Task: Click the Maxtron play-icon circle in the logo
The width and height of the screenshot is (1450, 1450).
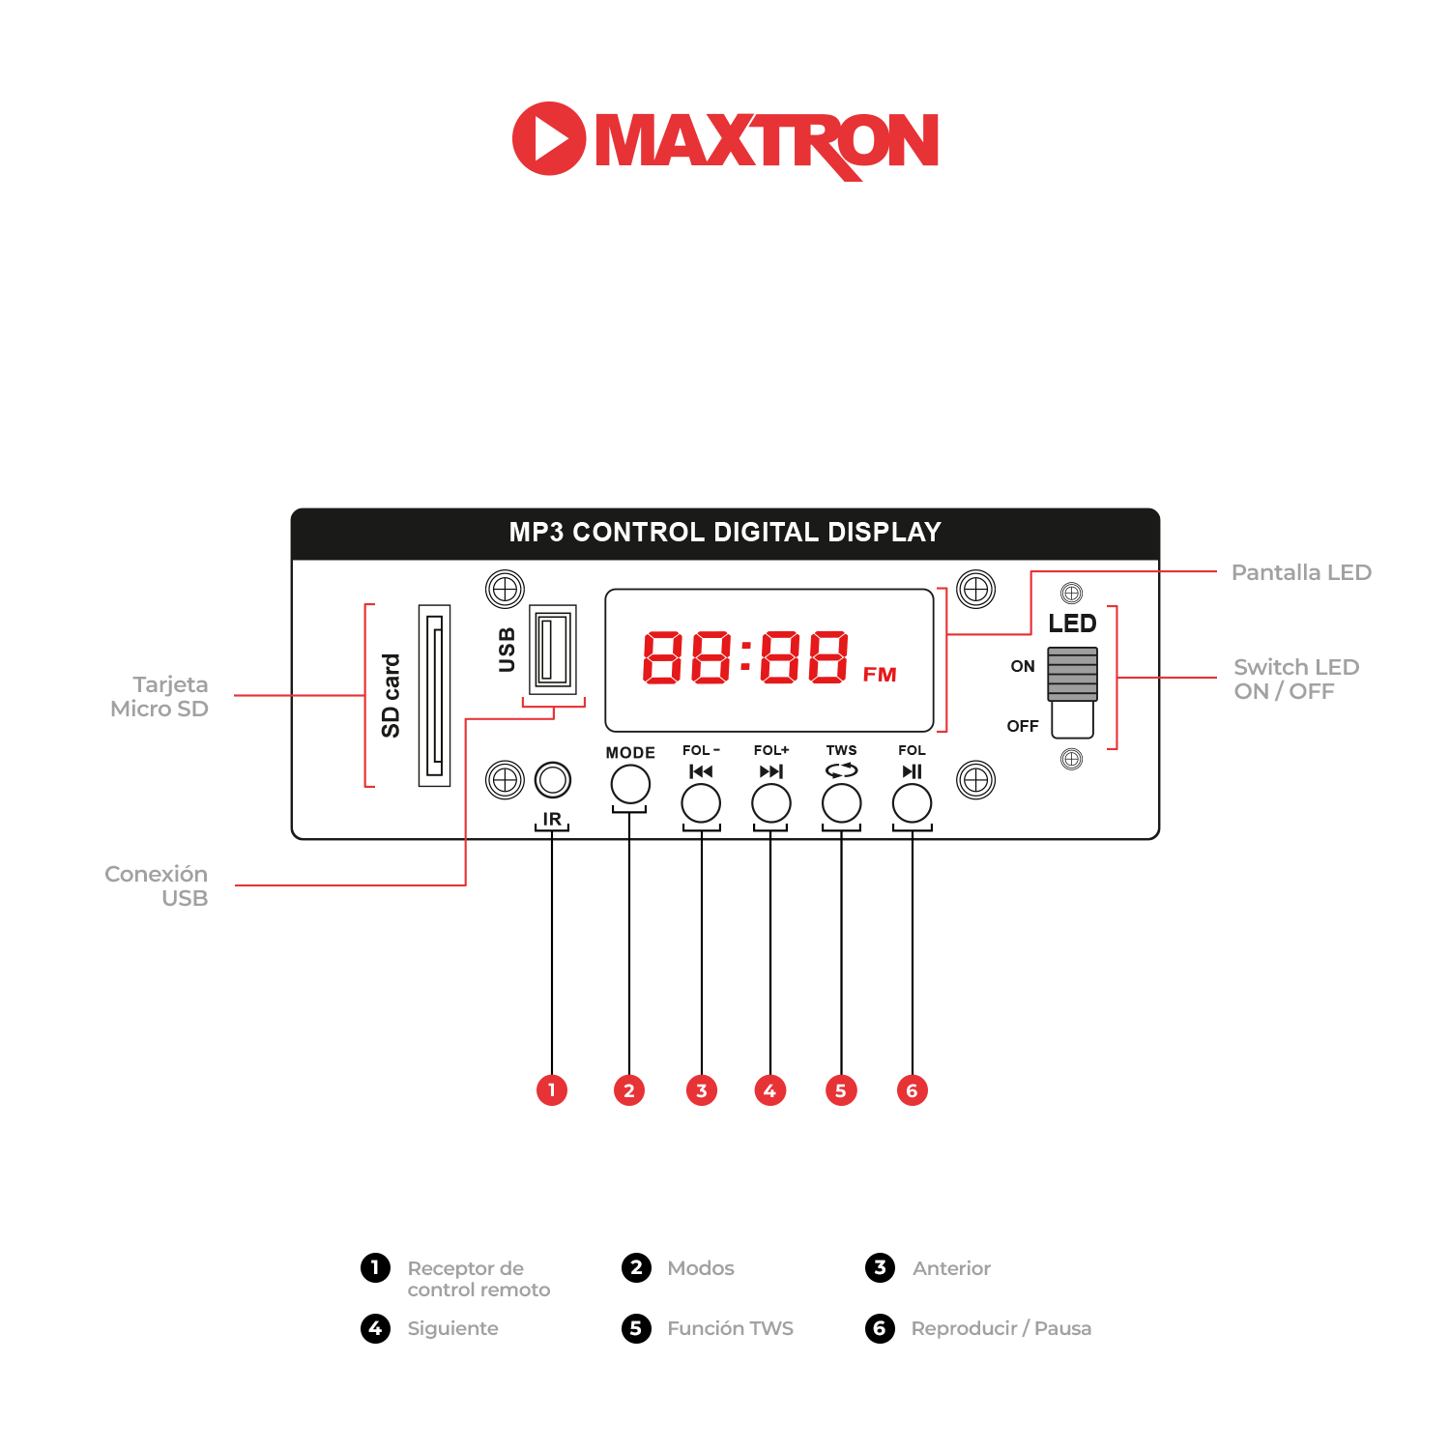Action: [548, 138]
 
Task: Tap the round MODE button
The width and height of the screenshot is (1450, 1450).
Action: [630, 784]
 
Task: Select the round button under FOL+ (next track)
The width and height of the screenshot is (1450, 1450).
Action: [771, 803]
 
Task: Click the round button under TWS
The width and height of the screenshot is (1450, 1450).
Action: [841, 803]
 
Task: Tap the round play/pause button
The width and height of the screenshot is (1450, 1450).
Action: [912, 803]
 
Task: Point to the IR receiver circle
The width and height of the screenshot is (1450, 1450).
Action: [553, 780]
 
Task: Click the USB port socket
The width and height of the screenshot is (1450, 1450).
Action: [553, 649]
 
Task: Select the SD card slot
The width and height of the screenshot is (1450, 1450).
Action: [434, 695]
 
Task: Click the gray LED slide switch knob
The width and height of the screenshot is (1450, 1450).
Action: [1072, 674]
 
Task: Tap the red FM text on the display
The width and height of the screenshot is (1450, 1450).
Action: [880, 675]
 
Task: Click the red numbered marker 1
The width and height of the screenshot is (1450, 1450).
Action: [552, 1090]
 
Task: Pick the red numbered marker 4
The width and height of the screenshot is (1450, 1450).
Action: [769, 1090]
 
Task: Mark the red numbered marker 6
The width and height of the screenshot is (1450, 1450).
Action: [912, 1090]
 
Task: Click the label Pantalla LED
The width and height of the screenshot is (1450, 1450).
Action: [1301, 572]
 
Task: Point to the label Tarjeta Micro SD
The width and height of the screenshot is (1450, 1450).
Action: [160, 696]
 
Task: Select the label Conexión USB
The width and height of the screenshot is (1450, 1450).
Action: [158, 885]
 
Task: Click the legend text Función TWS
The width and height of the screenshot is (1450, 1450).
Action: [730, 1328]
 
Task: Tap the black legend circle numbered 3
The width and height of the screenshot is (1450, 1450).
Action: [880, 1267]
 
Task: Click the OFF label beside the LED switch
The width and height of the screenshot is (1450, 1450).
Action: [1023, 726]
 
